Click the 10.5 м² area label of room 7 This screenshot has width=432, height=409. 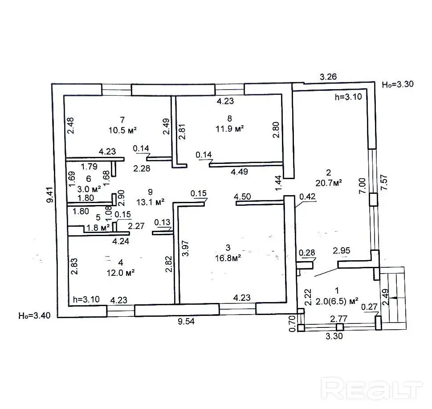pyautogui.click(x=122, y=130)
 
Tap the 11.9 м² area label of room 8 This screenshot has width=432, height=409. pyautogui.click(x=229, y=129)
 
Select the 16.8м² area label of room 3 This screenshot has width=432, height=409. pyautogui.click(x=228, y=258)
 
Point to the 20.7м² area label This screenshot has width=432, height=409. pyautogui.click(x=329, y=183)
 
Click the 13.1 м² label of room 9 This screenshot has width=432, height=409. pyautogui.click(x=151, y=202)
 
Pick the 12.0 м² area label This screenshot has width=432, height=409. pyautogui.click(x=121, y=273)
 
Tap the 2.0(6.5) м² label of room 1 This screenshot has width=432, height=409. pyautogui.click(x=337, y=301)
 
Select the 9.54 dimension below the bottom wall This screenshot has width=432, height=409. pyautogui.click(x=186, y=321)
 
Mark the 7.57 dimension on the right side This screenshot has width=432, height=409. pyautogui.click(x=384, y=182)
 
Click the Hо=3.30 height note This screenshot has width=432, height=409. pyautogui.click(x=398, y=84)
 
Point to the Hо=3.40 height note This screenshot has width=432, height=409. pyautogui.click(x=34, y=315)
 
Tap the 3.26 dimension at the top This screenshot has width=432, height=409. pyautogui.click(x=328, y=77)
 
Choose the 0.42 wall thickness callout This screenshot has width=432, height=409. pyautogui.click(x=307, y=196)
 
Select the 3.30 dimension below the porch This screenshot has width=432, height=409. pyautogui.click(x=334, y=336)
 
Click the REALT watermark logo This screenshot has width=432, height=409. pyautogui.click(x=373, y=390)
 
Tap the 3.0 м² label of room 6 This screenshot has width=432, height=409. pyautogui.click(x=89, y=189)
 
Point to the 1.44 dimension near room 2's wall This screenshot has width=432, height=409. pyautogui.click(x=278, y=183)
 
